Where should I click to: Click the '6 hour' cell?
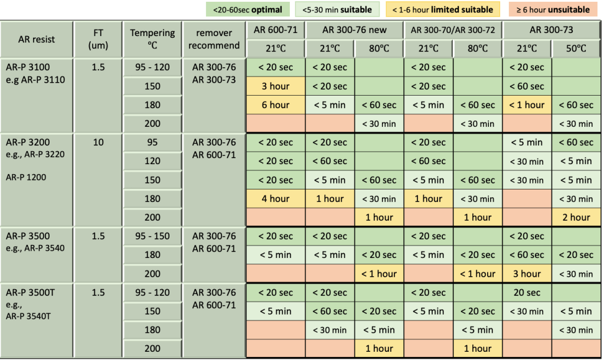coord(275,105)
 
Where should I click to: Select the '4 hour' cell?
coord(275,199)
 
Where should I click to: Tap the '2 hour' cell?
coord(576,217)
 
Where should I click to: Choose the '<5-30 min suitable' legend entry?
coord(337,9)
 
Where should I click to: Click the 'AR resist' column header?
coord(36,40)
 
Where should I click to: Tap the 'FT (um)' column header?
coord(98,40)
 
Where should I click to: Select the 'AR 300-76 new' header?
coord(355,30)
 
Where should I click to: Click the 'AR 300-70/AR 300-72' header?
coord(453,30)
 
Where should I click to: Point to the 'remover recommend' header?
coord(214,40)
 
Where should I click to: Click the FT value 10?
coord(98,142)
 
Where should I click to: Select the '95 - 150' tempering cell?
coord(152,236)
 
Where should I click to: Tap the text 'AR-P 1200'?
coord(26,176)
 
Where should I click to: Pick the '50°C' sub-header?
coord(576,48)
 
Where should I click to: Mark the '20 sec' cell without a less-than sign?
coord(527,293)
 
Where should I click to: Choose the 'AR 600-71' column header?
coord(275,30)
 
